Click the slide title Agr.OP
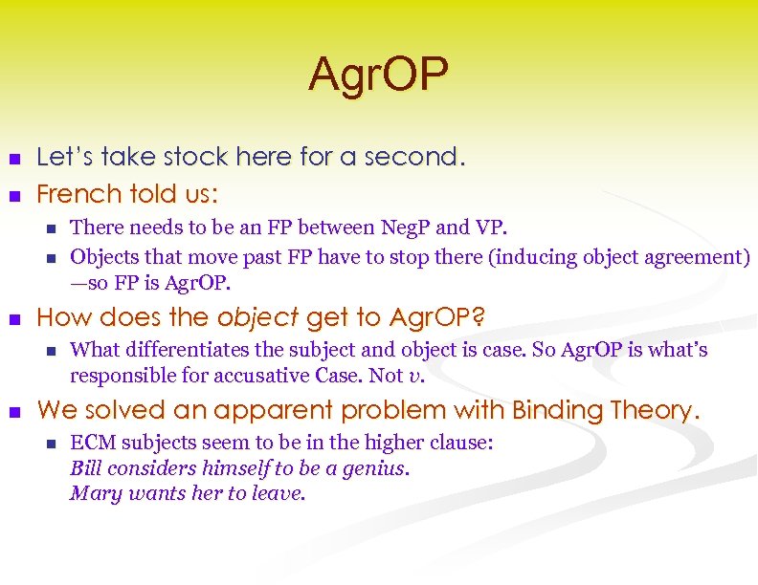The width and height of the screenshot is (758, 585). [x=378, y=76]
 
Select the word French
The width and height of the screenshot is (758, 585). [x=77, y=194]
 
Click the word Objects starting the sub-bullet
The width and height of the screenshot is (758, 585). [x=104, y=256]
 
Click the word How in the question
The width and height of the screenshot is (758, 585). [x=61, y=317]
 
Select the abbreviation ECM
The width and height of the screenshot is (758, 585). [x=92, y=444]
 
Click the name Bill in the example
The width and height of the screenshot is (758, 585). [x=86, y=468]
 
